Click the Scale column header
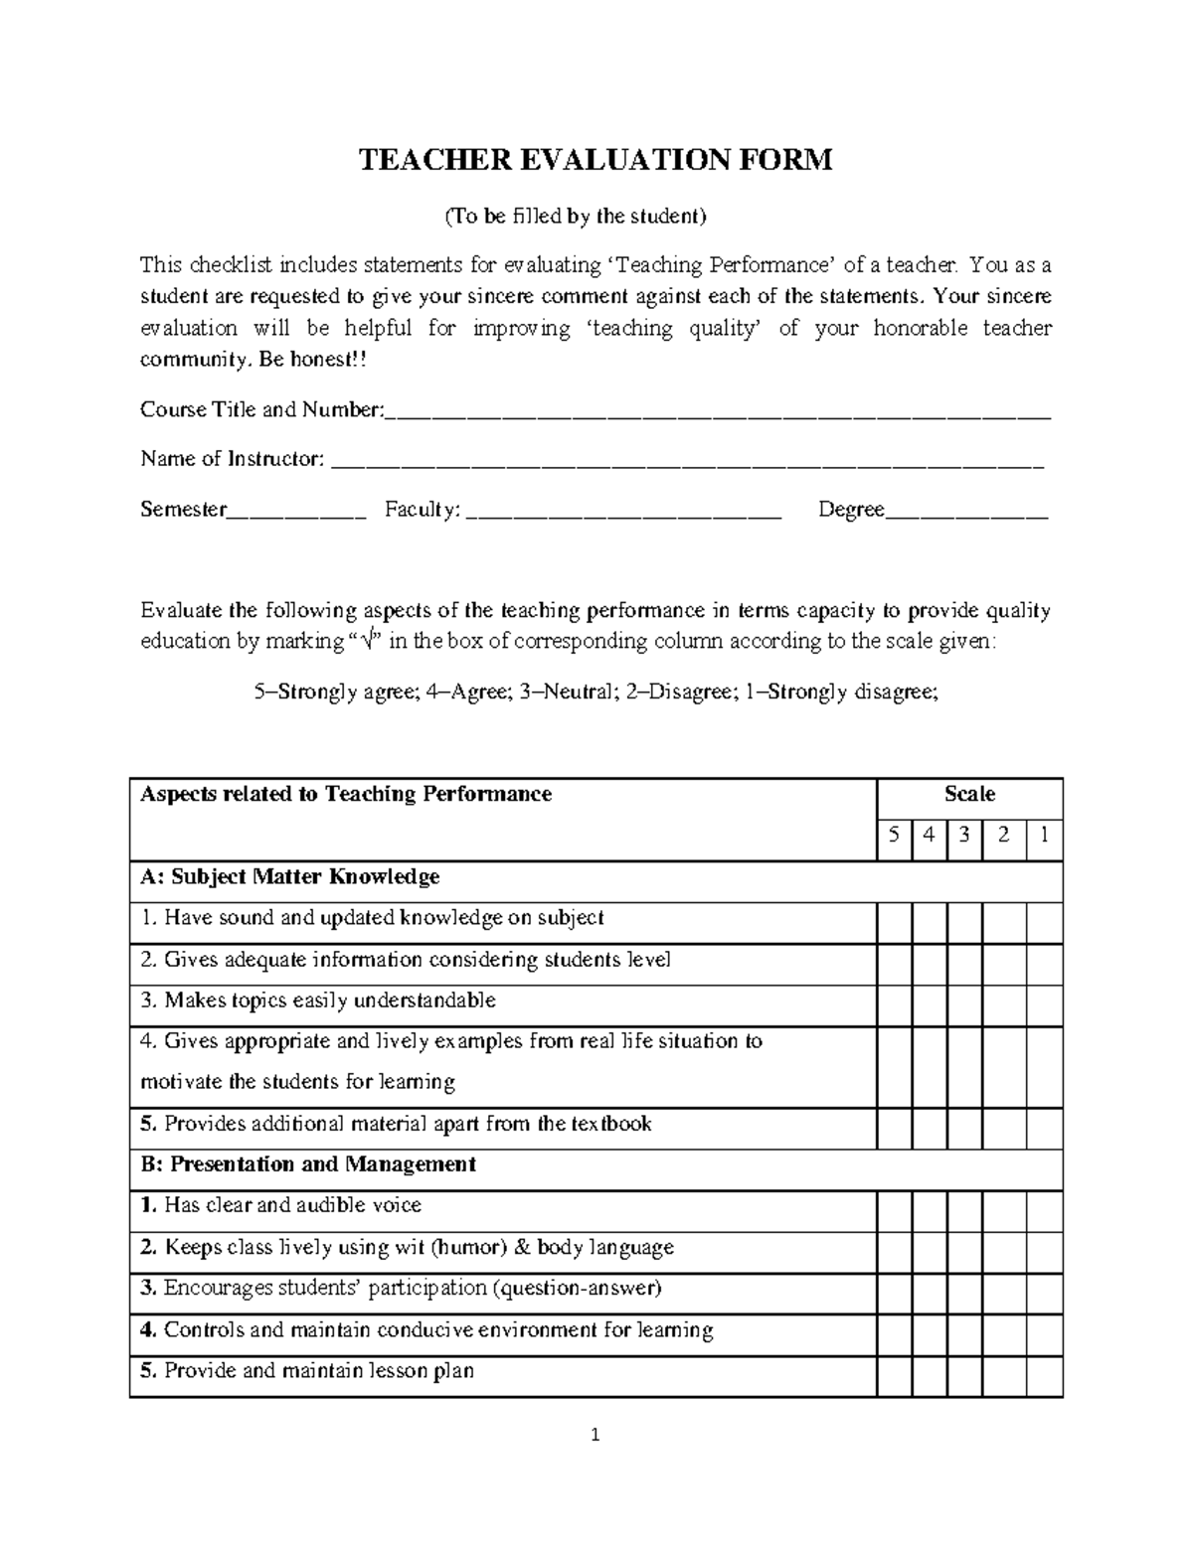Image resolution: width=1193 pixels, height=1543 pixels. pos(969,794)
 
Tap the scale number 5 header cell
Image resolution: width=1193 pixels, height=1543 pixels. pos(895,836)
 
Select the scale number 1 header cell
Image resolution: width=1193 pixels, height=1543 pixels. pos(1044,836)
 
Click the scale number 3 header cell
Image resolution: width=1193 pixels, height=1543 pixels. pos(964,836)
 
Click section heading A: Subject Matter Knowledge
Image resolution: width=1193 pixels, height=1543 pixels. pos(290,877)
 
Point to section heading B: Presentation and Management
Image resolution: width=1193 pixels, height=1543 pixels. pos(308,1164)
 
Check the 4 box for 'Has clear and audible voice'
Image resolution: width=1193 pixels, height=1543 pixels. pos(929,1206)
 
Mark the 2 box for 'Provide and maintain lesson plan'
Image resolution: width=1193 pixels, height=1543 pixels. pos(1004,1372)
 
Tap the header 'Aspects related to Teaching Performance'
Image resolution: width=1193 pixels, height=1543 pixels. pos(346,794)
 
